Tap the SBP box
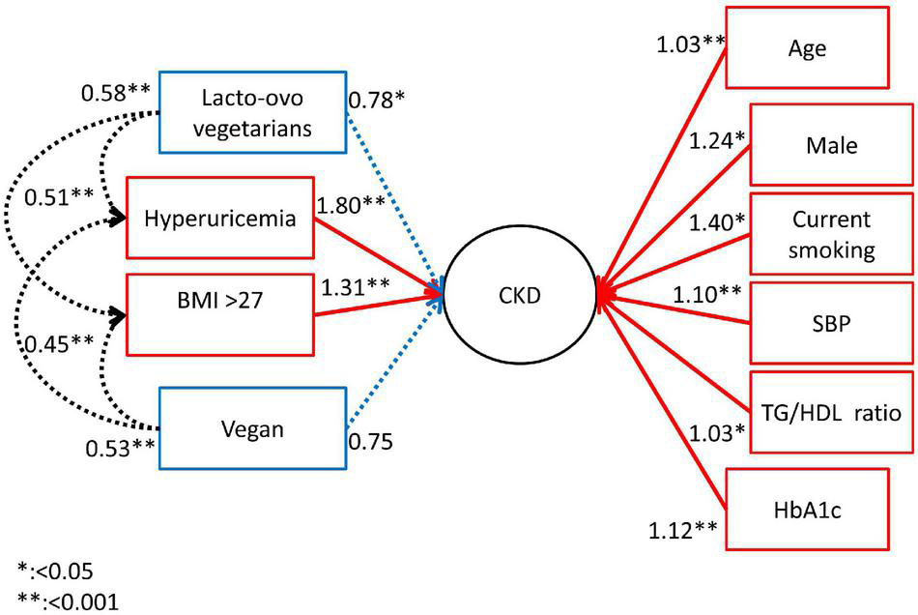831,324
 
